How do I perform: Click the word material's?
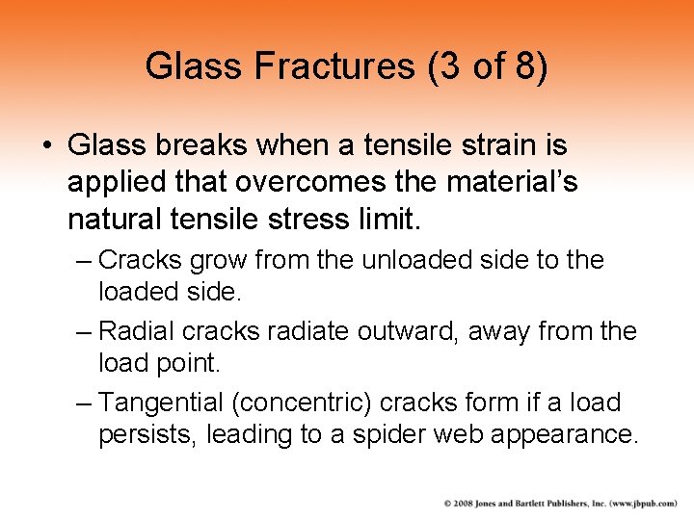(515, 183)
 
